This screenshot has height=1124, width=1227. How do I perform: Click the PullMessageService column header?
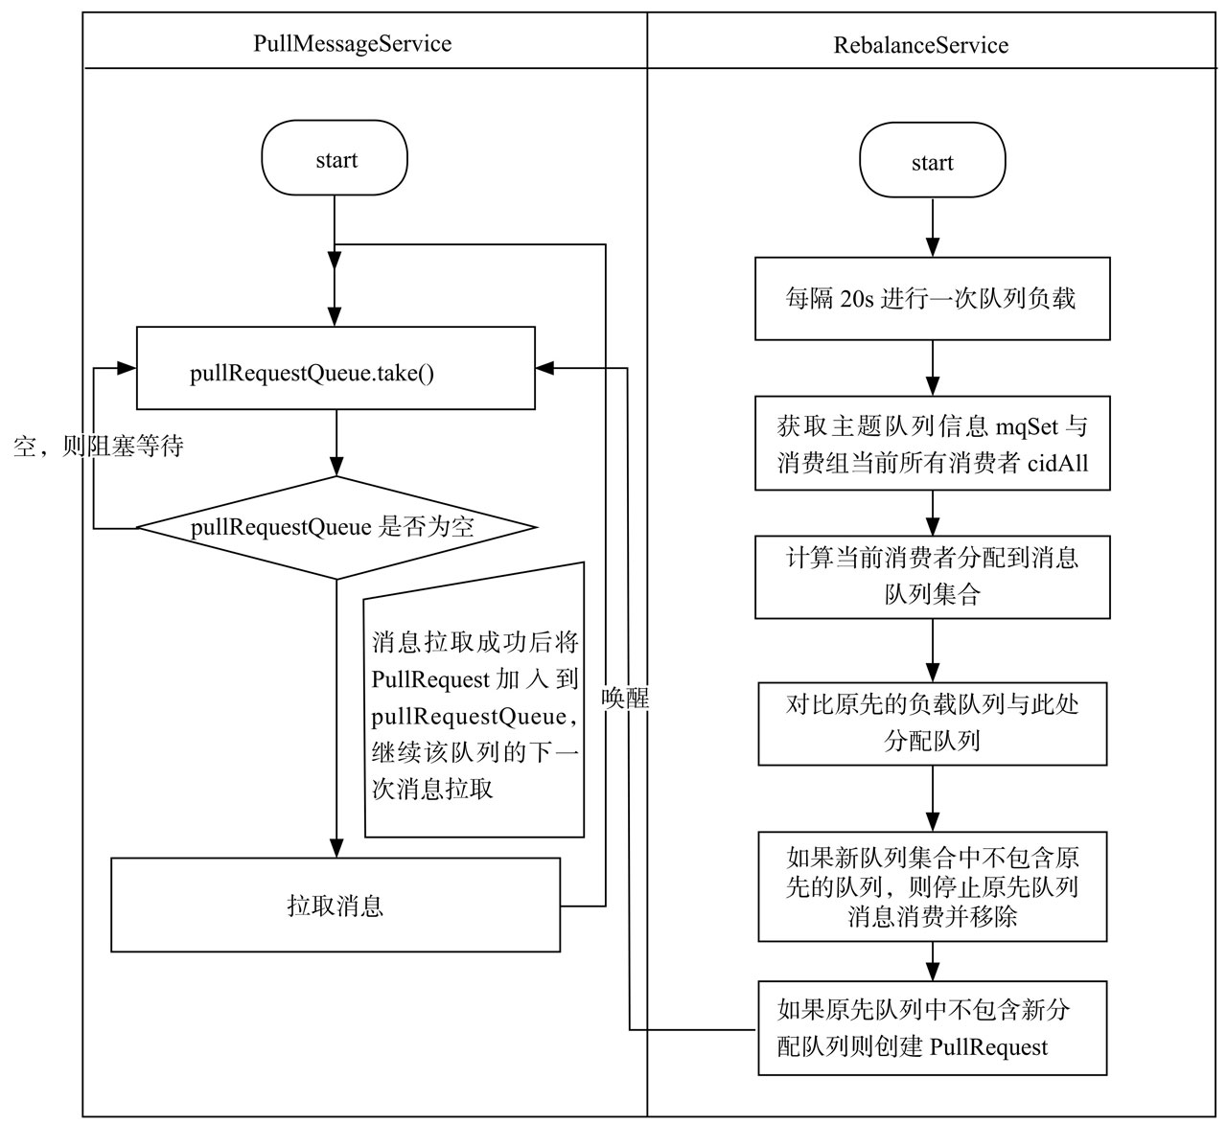[x=353, y=44]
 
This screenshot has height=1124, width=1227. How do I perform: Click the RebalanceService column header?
[x=920, y=45]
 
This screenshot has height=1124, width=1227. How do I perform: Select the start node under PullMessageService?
[x=335, y=158]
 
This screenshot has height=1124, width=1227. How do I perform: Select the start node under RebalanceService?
[x=932, y=160]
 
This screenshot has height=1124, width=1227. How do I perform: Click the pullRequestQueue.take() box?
[x=336, y=368]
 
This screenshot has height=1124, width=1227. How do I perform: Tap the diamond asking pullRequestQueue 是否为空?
[x=336, y=527]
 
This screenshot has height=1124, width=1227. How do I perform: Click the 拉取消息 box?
[x=336, y=906]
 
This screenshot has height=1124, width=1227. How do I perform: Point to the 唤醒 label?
[x=624, y=698]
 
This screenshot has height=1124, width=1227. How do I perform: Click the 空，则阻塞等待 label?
[x=99, y=447]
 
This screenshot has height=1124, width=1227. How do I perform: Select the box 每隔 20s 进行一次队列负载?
[x=932, y=298]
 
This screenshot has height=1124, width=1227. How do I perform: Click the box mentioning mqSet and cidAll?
[x=932, y=444]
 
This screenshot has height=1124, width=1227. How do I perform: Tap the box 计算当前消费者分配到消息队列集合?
[x=932, y=577]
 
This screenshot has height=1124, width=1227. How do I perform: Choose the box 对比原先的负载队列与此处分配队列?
[x=932, y=724]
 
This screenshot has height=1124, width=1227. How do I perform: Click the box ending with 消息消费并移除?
[x=932, y=886]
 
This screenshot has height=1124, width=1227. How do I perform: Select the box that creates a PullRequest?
[x=932, y=1028]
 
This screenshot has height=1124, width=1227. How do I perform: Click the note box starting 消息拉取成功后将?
[x=475, y=700]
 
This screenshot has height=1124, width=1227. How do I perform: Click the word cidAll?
[x=1057, y=464]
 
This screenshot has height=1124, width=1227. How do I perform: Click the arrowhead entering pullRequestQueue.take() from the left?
[x=126, y=368]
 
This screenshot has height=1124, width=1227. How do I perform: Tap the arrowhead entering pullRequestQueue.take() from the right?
[x=545, y=368]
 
